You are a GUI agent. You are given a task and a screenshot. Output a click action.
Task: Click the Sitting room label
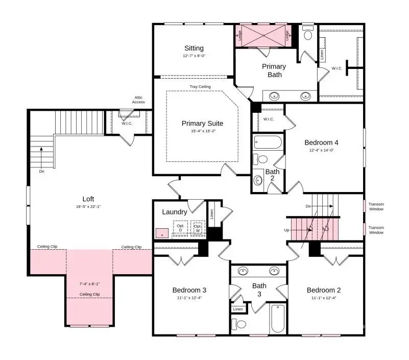(x=194, y=49)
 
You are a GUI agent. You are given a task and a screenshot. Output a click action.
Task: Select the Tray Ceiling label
(x=200, y=87)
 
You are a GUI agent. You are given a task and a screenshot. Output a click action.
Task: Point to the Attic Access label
(x=138, y=100)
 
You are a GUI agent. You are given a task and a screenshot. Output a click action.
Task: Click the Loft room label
(x=88, y=199)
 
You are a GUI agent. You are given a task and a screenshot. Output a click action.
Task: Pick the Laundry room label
(x=175, y=212)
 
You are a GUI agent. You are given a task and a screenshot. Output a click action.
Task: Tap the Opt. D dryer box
(x=180, y=228)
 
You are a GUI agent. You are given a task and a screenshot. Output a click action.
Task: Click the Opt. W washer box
(x=198, y=228)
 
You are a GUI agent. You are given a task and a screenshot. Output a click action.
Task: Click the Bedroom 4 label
(x=321, y=142)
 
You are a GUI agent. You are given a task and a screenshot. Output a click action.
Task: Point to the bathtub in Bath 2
(x=268, y=142)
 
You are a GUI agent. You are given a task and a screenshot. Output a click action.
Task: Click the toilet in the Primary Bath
(x=307, y=33)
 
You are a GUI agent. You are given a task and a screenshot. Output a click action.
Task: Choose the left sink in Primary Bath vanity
(x=275, y=95)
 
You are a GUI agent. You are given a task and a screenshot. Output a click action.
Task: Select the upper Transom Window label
(x=376, y=206)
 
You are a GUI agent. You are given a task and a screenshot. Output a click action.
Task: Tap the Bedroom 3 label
(x=189, y=290)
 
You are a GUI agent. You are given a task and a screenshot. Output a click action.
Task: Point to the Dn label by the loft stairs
(x=42, y=172)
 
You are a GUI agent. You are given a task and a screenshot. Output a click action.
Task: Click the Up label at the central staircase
(x=286, y=230)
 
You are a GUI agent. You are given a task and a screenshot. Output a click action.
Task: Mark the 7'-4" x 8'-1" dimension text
(x=90, y=283)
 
